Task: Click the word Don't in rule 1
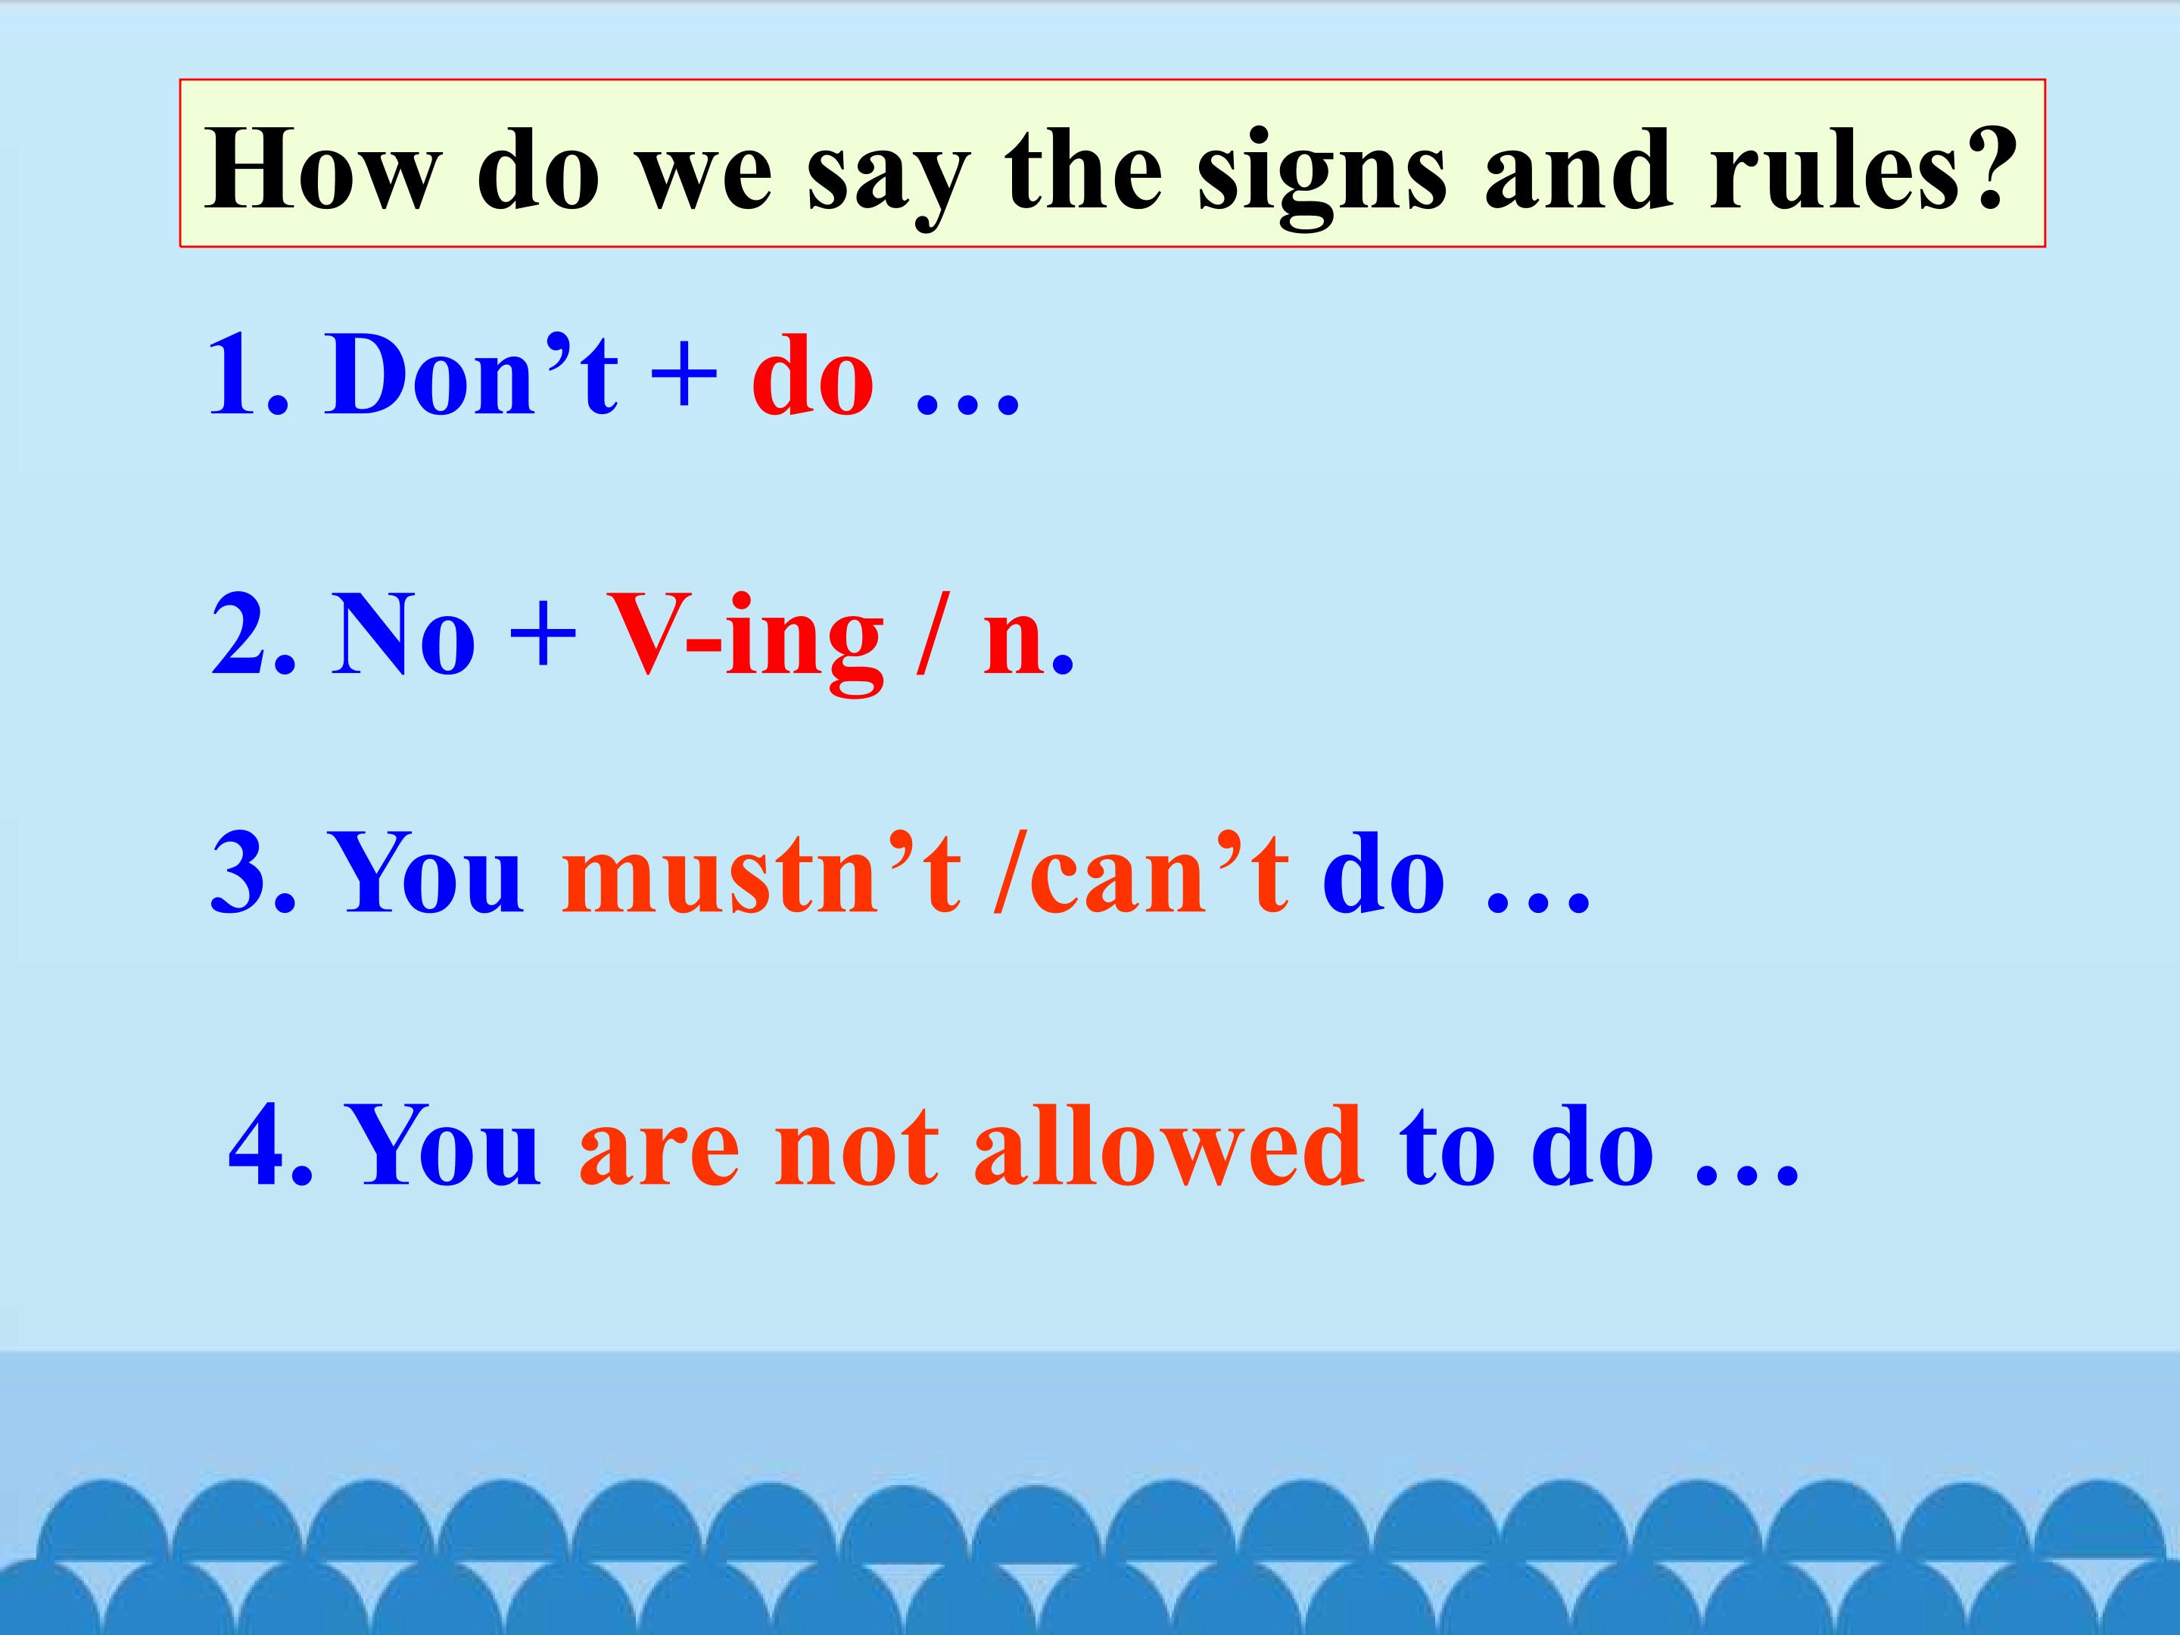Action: pos(471,376)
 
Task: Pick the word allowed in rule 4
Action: pos(1168,1146)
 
